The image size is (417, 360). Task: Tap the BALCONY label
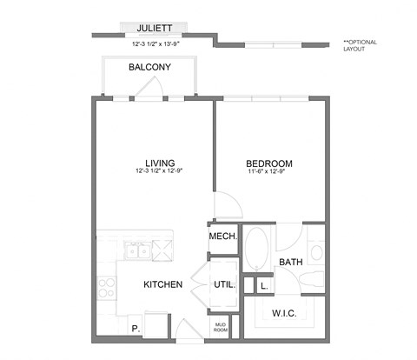click(149, 67)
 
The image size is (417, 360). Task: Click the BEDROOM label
click(268, 163)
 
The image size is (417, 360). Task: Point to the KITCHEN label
click(162, 284)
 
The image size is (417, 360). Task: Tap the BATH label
click(289, 261)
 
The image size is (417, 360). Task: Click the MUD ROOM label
click(220, 327)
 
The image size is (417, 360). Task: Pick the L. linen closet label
click(262, 284)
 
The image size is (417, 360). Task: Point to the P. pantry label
click(135, 328)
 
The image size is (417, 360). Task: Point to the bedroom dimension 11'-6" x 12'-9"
click(268, 173)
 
